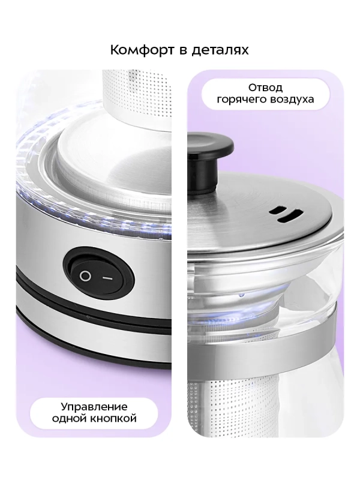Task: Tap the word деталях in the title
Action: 220,50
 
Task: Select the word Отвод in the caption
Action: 265,88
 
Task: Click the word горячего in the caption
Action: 242,100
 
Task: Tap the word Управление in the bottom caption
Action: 94,407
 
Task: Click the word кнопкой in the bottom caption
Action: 114,418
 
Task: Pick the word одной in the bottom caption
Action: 70,418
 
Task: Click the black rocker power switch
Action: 98,275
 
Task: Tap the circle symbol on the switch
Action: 85,277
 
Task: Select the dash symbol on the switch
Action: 107,278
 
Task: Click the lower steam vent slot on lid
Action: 291,217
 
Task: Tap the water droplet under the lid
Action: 242,296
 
